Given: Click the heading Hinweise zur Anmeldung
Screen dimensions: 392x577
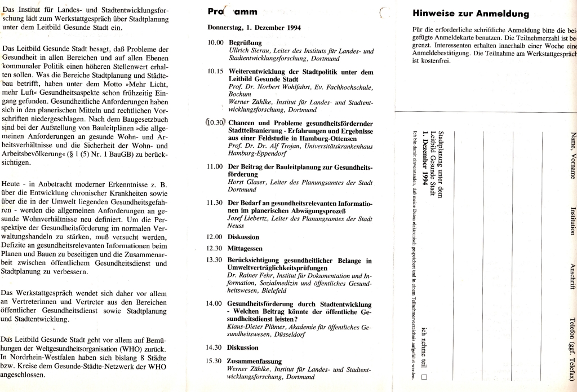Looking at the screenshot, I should (471, 14).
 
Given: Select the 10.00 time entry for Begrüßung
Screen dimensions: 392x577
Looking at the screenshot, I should (216, 43).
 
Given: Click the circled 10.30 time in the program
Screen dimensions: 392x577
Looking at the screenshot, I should (216, 122).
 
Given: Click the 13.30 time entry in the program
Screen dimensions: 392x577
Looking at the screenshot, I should (216, 260).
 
